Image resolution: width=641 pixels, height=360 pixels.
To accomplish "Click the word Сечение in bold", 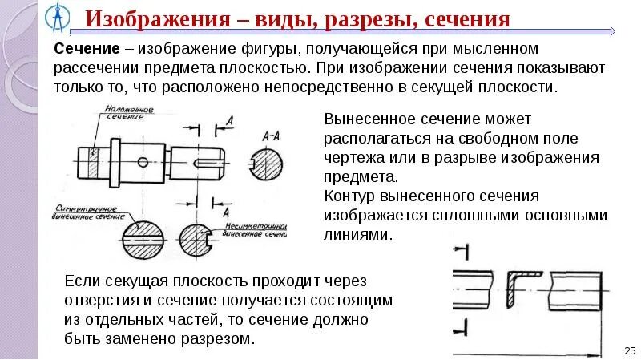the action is [x=86, y=50].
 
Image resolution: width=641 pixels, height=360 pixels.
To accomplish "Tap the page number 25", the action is [x=628, y=350].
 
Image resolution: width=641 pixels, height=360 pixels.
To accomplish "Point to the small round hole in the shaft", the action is [x=143, y=161].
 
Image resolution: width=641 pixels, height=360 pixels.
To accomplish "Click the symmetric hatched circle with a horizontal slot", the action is [x=145, y=239].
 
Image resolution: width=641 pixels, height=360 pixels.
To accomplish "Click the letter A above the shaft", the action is [x=230, y=121].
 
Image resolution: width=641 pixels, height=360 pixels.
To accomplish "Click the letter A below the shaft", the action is [x=229, y=212].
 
